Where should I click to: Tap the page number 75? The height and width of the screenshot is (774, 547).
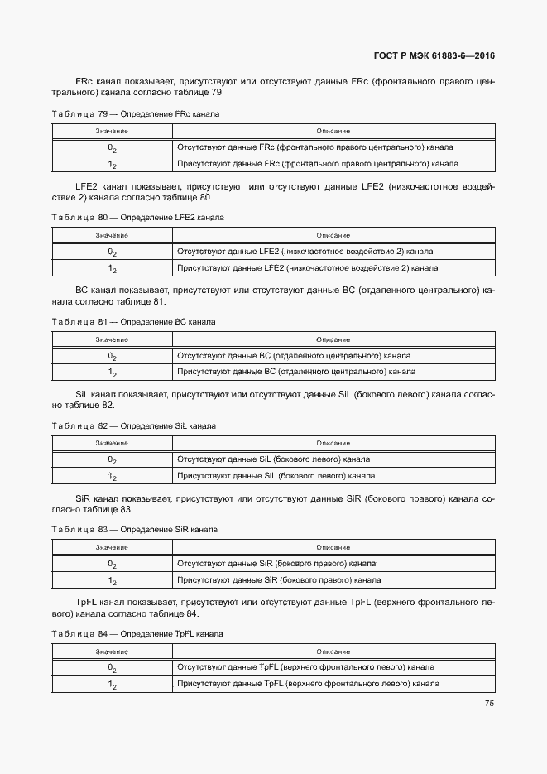click(489, 704)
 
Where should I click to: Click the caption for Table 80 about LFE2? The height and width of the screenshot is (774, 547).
click(137, 217)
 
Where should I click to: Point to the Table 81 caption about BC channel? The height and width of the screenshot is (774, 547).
click(133, 321)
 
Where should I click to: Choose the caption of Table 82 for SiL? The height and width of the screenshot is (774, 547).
click(133, 425)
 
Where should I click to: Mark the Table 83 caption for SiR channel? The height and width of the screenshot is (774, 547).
click(134, 529)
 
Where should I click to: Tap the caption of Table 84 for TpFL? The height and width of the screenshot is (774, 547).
click(137, 633)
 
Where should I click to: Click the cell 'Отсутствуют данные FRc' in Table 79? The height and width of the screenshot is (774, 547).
click(314, 147)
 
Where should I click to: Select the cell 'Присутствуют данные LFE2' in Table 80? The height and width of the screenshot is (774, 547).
click(307, 268)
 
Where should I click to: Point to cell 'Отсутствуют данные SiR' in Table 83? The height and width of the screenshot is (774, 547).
click(276, 564)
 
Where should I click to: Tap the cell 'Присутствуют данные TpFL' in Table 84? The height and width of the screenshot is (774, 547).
click(308, 684)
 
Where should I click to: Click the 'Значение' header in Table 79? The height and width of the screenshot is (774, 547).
click(112, 132)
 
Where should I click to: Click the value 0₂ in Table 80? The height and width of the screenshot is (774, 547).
click(112, 252)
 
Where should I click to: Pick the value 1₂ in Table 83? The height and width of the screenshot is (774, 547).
click(112, 580)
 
